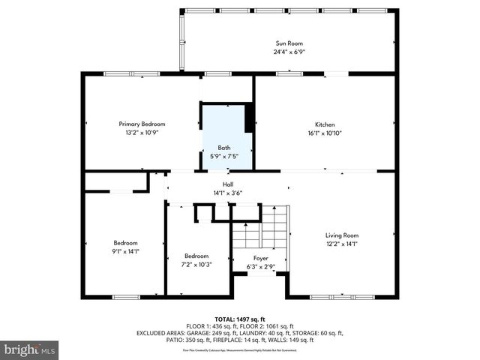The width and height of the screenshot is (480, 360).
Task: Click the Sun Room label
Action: [289, 44]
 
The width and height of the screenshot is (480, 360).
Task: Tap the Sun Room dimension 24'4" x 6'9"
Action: [289, 52]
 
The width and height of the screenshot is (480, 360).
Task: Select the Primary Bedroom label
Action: [142, 124]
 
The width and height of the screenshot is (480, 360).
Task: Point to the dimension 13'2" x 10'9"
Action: [142, 132]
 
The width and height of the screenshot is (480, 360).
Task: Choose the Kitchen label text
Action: [324, 124]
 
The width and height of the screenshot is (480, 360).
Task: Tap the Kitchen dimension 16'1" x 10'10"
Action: [324, 133]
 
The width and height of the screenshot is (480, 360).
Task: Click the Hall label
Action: [227, 184]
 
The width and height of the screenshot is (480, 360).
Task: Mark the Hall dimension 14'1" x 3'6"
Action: [227, 193]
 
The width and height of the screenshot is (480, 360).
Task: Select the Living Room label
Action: [341, 235]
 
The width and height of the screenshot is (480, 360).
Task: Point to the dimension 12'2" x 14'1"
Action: [341, 243]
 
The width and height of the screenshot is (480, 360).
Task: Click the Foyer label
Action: [260, 258]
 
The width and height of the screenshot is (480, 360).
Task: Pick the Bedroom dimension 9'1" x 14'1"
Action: [125, 251]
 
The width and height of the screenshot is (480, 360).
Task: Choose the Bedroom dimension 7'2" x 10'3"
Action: [196, 264]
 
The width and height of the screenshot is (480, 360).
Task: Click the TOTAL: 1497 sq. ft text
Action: [239, 319]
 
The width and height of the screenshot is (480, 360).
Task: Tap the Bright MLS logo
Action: [30, 349]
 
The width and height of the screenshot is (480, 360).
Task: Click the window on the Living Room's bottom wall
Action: [341, 296]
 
